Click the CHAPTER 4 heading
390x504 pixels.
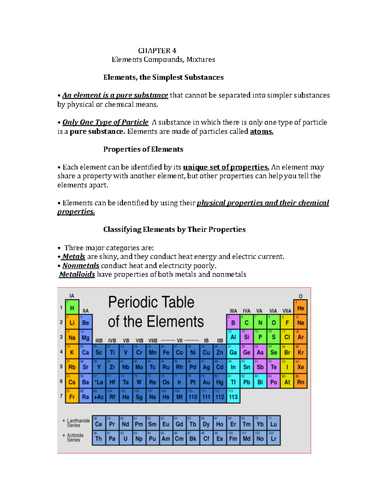(x=157, y=51)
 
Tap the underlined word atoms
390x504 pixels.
(x=261, y=131)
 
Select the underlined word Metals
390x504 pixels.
(x=73, y=257)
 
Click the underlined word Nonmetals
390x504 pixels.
(x=81, y=266)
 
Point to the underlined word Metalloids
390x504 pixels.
(x=77, y=275)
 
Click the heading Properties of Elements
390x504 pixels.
(x=143, y=149)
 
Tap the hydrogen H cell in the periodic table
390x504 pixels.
(x=72, y=307)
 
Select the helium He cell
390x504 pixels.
(x=301, y=307)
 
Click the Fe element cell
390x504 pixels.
(x=166, y=352)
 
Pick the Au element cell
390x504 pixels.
(x=206, y=382)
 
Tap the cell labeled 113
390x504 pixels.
(x=233, y=396)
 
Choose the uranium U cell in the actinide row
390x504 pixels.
(x=125, y=438)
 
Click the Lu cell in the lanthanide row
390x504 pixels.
(x=274, y=424)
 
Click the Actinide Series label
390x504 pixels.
(x=75, y=437)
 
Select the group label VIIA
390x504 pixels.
(x=287, y=311)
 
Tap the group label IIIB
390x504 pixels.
(x=99, y=341)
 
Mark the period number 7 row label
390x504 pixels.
(x=61, y=396)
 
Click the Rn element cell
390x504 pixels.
(x=301, y=382)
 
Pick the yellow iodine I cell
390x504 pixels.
(x=287, y=367)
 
